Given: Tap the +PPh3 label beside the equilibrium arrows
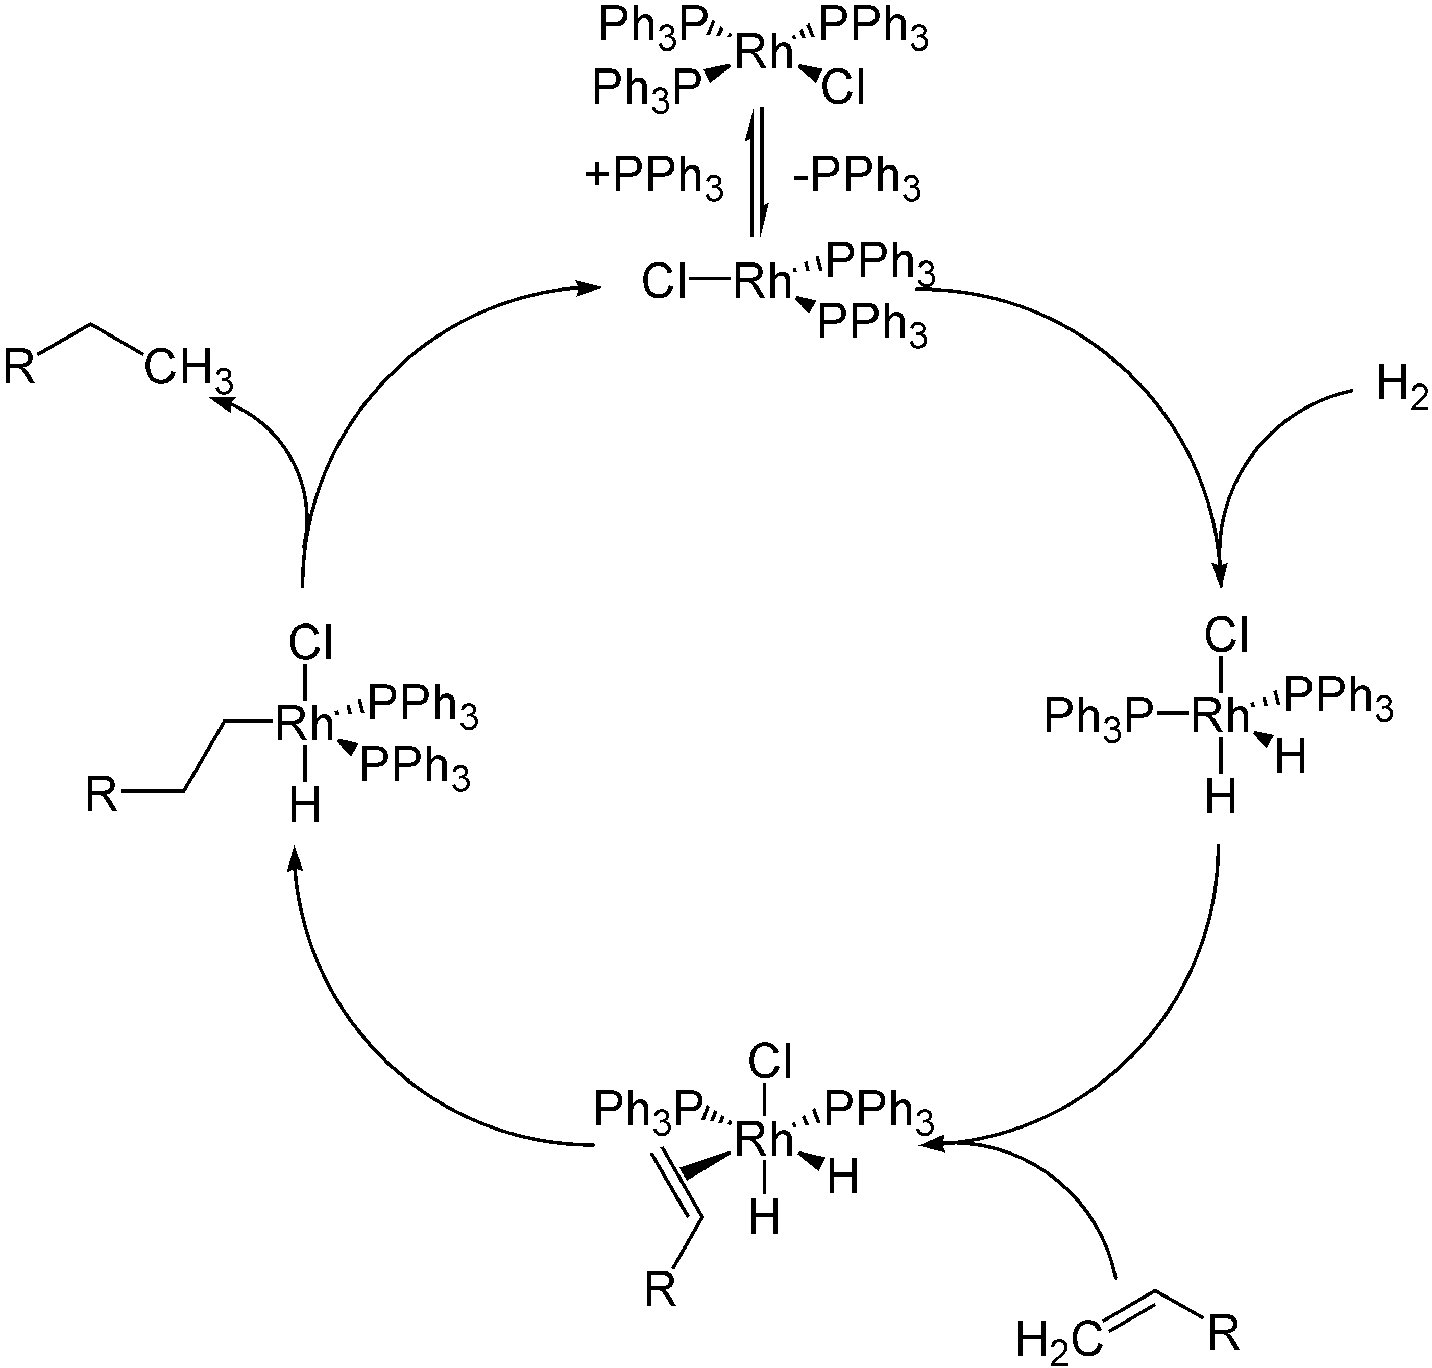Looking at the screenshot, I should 653,177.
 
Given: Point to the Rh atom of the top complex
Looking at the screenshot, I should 763,53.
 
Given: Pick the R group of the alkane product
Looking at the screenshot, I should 20,367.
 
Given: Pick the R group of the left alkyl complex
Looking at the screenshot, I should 102,794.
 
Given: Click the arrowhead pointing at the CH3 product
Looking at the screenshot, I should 221,402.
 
